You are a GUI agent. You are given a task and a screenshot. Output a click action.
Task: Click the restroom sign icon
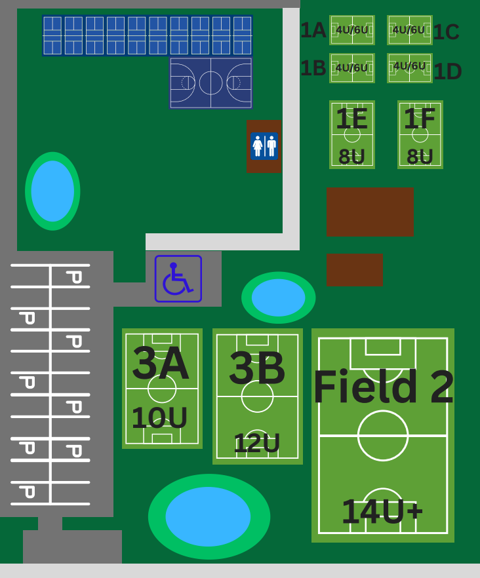click(264, 145)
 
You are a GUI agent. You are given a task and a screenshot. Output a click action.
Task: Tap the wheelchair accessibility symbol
click(178, 279)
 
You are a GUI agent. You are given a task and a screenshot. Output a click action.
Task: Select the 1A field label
click(313, 30)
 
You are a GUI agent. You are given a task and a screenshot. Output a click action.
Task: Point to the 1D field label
click(447, 71)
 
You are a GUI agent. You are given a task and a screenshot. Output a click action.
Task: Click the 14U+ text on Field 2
click(382, 511)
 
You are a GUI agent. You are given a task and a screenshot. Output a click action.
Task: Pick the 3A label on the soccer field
click(161, 363)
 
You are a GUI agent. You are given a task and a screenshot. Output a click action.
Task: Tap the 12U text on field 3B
click(256, 443)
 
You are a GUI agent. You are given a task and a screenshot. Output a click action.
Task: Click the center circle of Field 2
click(383, 435)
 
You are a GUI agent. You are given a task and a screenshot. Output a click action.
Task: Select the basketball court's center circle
click(210, 83)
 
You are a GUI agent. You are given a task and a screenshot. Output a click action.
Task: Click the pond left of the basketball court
click(52, 191)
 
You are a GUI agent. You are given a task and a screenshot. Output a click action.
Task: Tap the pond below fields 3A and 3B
click(209, 516)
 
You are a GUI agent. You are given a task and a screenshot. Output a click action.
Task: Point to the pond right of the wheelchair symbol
click(278, 298)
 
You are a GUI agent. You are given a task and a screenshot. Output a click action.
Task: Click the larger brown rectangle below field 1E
click(370, 212)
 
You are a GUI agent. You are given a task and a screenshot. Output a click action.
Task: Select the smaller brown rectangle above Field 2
click(354, 270)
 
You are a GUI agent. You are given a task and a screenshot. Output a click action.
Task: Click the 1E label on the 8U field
click(351, 119)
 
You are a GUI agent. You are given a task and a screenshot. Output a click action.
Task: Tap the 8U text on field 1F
click(420, 157)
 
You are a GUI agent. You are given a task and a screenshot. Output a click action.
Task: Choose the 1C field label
click(446, 32)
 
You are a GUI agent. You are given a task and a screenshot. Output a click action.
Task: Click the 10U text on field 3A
click(159, 418)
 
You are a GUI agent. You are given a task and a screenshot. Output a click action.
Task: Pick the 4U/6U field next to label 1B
click(352, 68)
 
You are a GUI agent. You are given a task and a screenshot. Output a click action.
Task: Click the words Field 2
click(383, 387)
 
